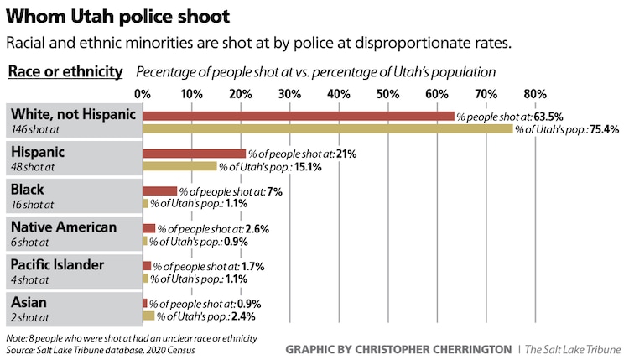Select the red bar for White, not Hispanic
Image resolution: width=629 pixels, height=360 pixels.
(299, 116)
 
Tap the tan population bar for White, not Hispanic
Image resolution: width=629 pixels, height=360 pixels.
(328, 129)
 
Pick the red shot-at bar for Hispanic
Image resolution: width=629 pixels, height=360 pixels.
(195, 154)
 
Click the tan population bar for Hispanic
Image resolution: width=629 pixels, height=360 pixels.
(180, 166)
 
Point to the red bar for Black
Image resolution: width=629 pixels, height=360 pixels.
(160, 191)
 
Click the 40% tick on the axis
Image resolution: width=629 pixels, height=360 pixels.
(339, 92)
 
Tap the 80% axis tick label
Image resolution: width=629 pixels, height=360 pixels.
(535, 92)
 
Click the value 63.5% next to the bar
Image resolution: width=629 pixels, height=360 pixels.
(547, 117)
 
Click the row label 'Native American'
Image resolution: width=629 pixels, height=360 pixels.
(64, 227)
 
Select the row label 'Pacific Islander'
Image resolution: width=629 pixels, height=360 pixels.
(57, 264)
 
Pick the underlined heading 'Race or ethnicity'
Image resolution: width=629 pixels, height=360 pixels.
(65, 71)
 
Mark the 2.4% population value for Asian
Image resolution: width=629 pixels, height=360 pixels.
(242, 316)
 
